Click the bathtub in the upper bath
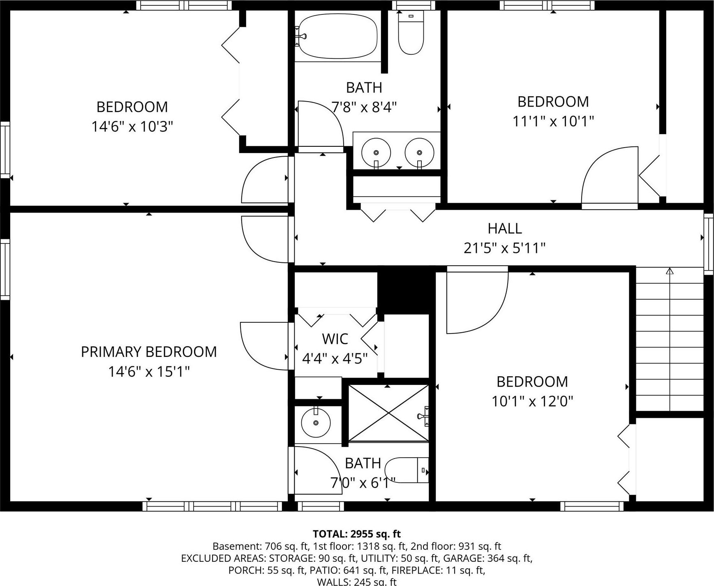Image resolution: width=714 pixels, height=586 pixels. pyautogui.click(x=337, y=36)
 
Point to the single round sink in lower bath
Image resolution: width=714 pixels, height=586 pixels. pyautogui.click(x=316, y=423)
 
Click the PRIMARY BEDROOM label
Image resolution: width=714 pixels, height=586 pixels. pyautogui.click(x=149, y=352)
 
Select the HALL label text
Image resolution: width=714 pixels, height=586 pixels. pyautogui.click(x=505, y=228)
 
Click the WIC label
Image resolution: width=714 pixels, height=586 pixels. pyautogui.click(x=335, y=339)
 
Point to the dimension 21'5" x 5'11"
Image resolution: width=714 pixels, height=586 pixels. pyautogui.click(x=504, y=248)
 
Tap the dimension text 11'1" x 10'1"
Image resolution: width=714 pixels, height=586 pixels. pyautogui.click(x=553, y=121)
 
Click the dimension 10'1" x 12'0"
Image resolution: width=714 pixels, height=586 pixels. pyautogui.click(x=532, y=401)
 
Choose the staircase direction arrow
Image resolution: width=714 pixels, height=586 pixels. pyautogui.click(x=670, y=271)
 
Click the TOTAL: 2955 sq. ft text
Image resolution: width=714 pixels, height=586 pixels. pyautogui.click(x=356, y=534)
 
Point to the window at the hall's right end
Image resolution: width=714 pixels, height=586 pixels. pyautogui.click(x=708, y=243)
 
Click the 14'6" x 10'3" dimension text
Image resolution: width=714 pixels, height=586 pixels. pyautogui.click(x=132, y=127)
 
